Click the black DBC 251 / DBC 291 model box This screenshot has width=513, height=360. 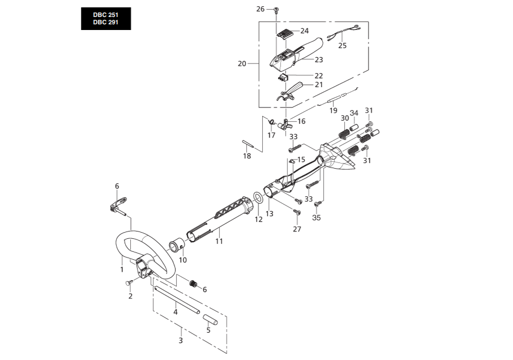pos(106,19)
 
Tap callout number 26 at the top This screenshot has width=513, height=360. pos(260,9)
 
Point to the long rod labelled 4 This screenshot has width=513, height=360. pos(177,300)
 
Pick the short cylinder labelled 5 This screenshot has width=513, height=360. pos(211,319)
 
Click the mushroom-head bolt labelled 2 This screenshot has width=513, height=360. pos(130,282)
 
